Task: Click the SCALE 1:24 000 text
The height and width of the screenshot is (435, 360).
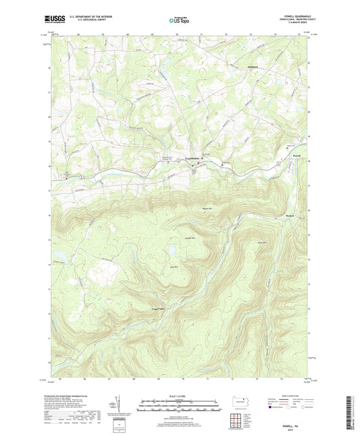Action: (x=179, y=396)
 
